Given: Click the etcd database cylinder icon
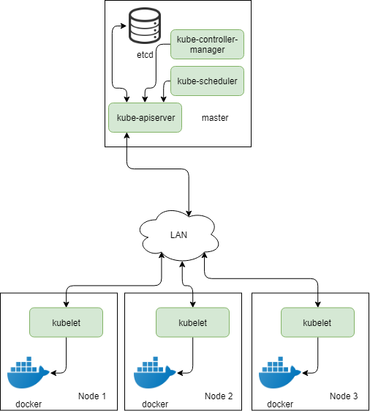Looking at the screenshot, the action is pos(145,26).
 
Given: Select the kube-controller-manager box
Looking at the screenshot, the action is pos(207,44).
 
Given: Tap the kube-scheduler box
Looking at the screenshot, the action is pos(207,81).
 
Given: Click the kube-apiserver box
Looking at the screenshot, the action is pos(146,118).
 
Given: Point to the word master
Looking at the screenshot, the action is pos(215,118).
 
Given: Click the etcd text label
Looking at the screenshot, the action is pos(145,55).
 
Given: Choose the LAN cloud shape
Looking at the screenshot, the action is pos(179,235).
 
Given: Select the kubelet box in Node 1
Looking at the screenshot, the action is pos(67,322).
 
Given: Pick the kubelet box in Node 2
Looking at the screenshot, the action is pos(192,322).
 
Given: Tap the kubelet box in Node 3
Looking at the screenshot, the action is pos(317,322).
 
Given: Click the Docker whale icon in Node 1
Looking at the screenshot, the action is pos(28,372).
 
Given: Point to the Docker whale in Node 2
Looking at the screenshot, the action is pos(154,372).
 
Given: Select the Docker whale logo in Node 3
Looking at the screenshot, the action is pos(279,372).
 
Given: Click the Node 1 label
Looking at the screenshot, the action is pos(92,396).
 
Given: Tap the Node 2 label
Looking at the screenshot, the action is pos(219,396).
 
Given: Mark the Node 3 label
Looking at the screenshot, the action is pos(344,396).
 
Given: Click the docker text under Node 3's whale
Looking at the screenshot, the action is pos(280,404).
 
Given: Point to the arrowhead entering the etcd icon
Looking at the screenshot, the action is pos(124,26).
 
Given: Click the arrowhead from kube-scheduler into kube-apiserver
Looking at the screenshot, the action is pos(164,100).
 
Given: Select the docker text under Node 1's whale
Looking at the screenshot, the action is pos(29,404).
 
